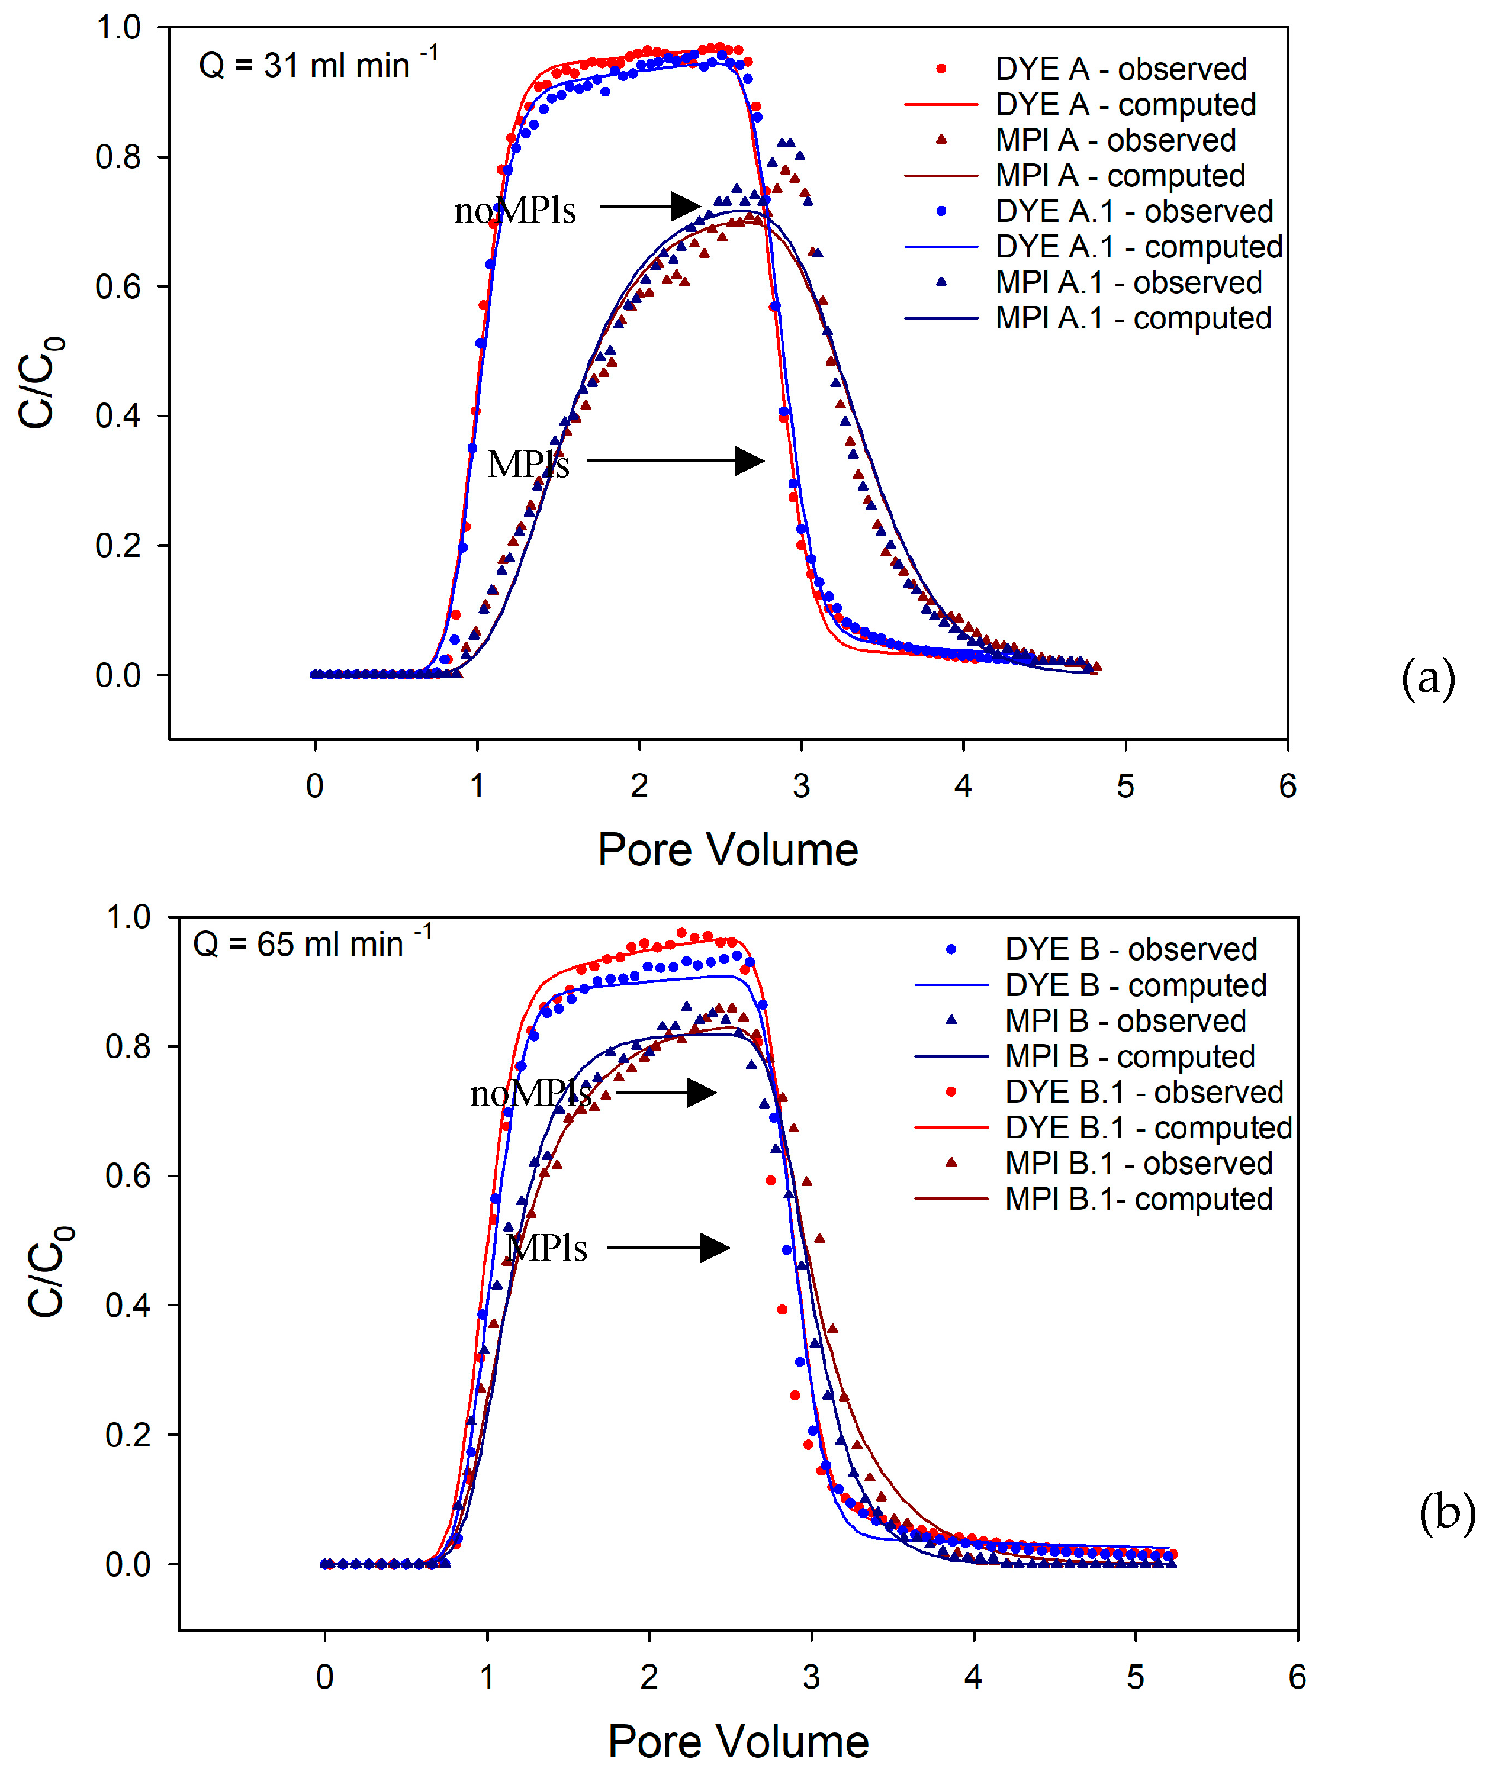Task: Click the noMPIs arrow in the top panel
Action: [650, 205]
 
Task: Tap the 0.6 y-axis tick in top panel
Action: [118, 287]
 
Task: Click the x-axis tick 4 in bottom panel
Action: [973, 1677]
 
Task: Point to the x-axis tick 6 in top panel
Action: [1287, 785]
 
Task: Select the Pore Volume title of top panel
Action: [728, 849]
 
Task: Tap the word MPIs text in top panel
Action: [529, 464]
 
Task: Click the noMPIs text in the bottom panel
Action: [530, 1094]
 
